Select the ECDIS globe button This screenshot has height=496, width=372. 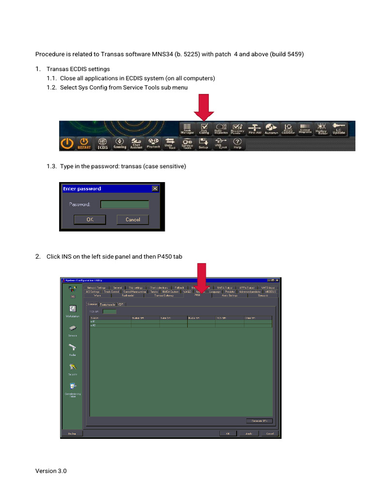(102, 143)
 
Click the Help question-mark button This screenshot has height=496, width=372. (237, 143)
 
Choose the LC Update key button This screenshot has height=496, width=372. (339, 128)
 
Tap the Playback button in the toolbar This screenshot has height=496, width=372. (153, 143)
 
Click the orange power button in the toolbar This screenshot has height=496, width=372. (67, 143)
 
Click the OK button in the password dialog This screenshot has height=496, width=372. (90, 219)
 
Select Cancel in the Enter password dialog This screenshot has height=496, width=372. (133, 219)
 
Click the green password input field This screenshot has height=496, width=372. (124, 204)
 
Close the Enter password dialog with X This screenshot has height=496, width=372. (155, 188)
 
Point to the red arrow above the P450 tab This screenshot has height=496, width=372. (201, 277)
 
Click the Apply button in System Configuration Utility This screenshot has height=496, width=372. (248, 433)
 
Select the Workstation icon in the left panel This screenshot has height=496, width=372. (73, 310)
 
